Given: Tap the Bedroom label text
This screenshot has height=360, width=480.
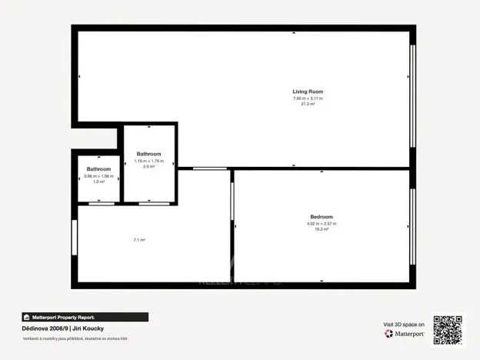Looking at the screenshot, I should (x=322, y=217).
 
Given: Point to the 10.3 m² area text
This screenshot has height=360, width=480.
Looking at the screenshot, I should (x=322, y=229).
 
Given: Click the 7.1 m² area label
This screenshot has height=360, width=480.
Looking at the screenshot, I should (x=139, y=240).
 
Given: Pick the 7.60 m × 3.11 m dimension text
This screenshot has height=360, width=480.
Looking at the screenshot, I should (x=308, y=98).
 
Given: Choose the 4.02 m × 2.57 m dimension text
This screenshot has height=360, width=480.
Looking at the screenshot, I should (x=322, y=223).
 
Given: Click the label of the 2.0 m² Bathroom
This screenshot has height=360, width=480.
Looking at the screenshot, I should (x=148, y=154).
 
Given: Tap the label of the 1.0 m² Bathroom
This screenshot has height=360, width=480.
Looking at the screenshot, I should (x=98, y=169).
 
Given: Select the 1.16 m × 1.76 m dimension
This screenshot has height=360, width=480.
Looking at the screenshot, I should (x=148, y=160).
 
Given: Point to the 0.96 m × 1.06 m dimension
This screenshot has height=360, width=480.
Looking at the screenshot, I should (x=98, y=175).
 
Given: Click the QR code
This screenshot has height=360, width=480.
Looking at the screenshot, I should (x=448, y=328).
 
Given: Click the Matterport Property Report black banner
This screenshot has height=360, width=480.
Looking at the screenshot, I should (x=85, y=317).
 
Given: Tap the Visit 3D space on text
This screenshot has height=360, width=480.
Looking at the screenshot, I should (x=404, y=325).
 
